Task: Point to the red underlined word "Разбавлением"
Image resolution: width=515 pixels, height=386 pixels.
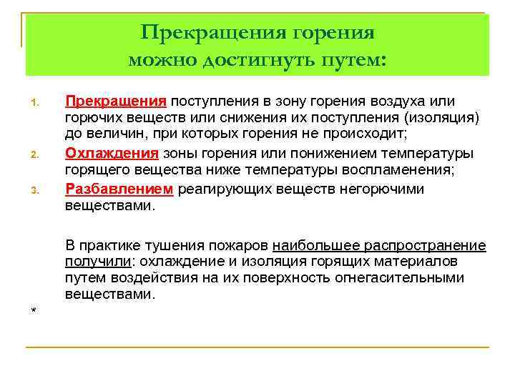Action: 119,189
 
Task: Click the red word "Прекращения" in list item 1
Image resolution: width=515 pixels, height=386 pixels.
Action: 116,102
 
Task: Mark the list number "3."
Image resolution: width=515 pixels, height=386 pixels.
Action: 35,190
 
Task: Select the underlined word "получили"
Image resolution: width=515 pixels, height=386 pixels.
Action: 94,262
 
